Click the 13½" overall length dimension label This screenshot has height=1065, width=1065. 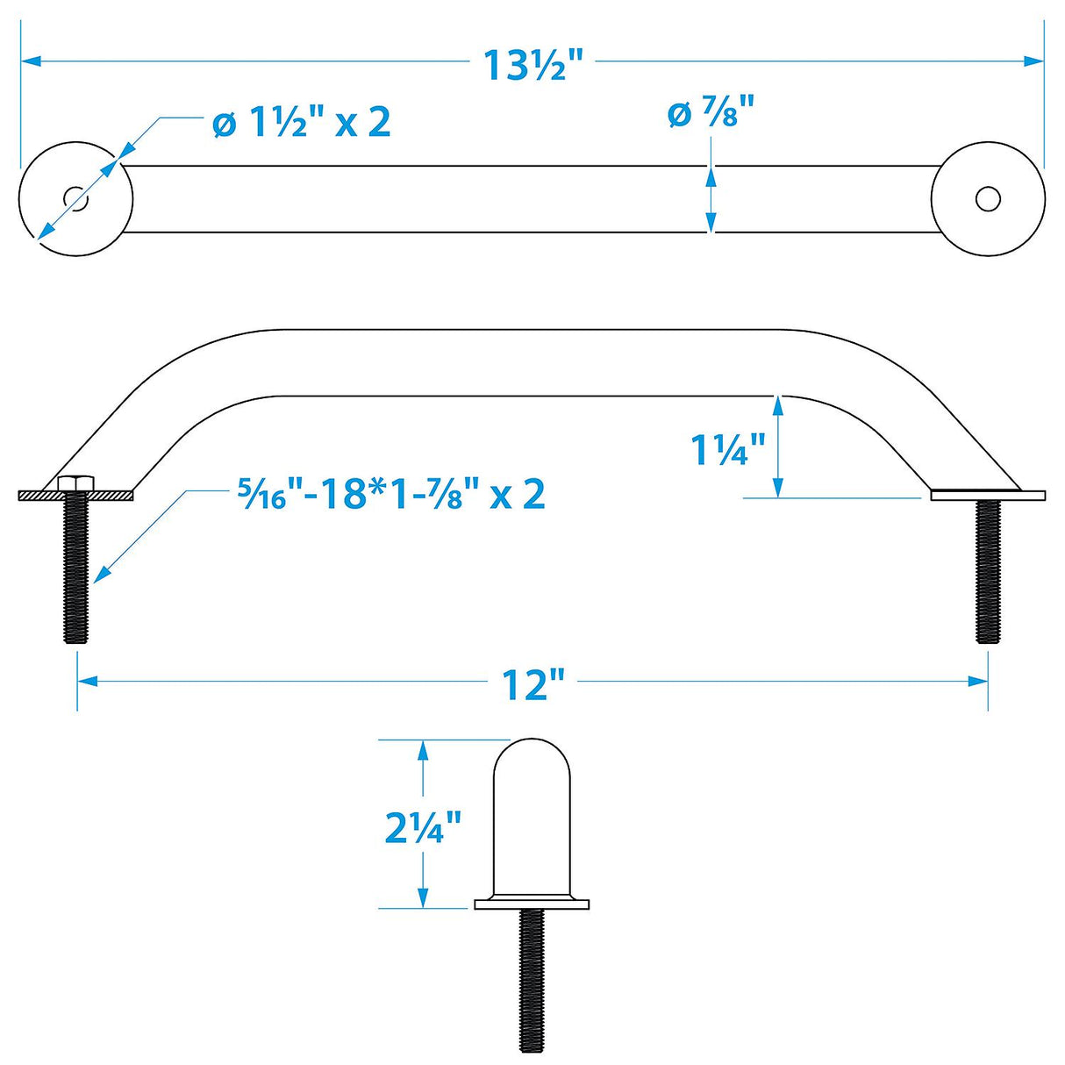[533, 64]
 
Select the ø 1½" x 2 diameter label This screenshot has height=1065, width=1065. [301, 122]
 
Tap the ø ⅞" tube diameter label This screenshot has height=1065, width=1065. [711, 114]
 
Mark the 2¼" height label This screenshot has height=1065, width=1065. [423, 826]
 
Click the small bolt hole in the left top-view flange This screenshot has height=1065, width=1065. [76, 199]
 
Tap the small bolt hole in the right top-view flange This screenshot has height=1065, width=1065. [988, 199]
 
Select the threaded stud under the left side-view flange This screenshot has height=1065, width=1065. [75, 570]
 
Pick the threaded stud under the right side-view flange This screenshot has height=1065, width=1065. [989, 570]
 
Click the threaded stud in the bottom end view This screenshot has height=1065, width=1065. [531, 974]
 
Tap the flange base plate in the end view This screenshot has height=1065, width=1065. [531, 904]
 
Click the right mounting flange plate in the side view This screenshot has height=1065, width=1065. [987, 495]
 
